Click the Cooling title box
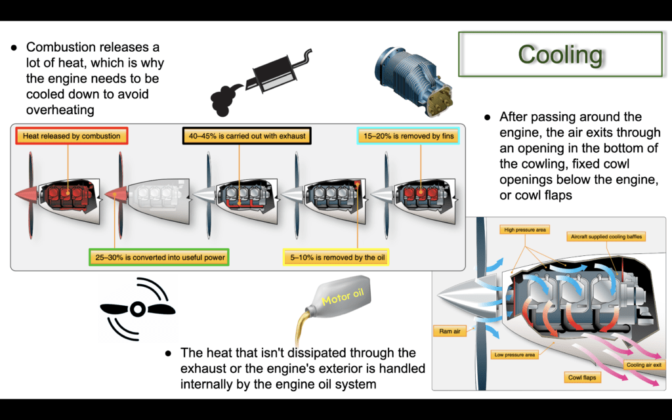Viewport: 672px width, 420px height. (560, 54)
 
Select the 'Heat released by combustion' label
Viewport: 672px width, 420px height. (72, 136)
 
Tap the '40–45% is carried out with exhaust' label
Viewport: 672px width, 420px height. (247, 136)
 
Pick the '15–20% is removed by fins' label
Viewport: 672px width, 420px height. (408, 136)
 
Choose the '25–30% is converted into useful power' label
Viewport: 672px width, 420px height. (159, 257)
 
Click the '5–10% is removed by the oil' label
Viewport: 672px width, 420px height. (337, 257)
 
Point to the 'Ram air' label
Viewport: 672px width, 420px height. (450, 331)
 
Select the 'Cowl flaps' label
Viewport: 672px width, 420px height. (582, 377)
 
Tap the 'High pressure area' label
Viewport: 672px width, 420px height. (524, 230)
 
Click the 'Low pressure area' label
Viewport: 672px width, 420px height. (514, 354)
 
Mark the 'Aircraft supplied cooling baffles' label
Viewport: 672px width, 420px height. (606, 236)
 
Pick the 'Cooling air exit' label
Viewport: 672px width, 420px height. (644, 365)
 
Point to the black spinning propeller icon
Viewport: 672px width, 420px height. (138, 309)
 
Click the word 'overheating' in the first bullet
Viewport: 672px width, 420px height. (60, 110)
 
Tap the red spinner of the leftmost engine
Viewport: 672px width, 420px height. (26, 194)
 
